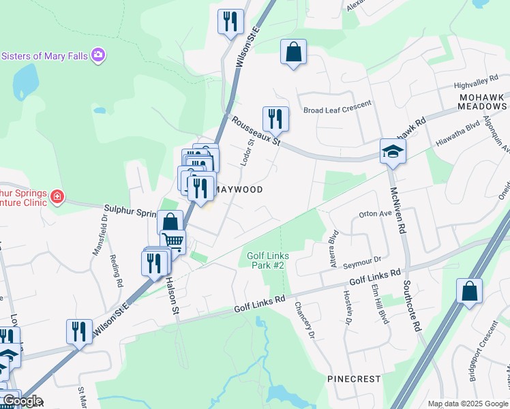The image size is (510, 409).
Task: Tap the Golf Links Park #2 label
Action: click(268, 260)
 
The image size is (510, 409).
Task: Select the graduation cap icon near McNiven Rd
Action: click(393, 151)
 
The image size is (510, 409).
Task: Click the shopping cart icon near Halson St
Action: click(173, 241)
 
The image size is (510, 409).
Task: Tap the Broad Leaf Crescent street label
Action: click(337, 107)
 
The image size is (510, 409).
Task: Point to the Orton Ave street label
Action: click(376, 213)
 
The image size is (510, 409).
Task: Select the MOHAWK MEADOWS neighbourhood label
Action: click(481, 102)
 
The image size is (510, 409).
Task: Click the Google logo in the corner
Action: click(22, 400)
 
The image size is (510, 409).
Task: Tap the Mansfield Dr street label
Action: click(100, 235)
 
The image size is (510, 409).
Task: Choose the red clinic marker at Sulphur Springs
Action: click(57, 198)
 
